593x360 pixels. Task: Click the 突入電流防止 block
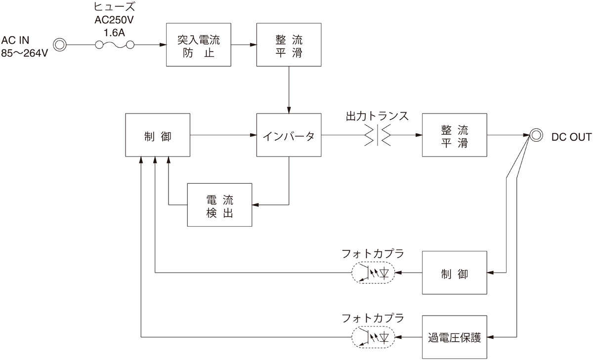tap(198, 45)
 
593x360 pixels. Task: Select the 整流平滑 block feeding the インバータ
tap(289, 45)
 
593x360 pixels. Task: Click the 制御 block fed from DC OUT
tap(454, 273)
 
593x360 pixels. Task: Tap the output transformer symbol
tap(378, 135)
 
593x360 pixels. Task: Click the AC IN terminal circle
tap(60, 45)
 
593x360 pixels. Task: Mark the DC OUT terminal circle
tap(536, 135)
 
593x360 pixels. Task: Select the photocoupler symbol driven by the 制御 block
tap(373, 273)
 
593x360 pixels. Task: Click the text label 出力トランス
tap(377, 116)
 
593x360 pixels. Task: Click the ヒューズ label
tap(114, 7)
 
